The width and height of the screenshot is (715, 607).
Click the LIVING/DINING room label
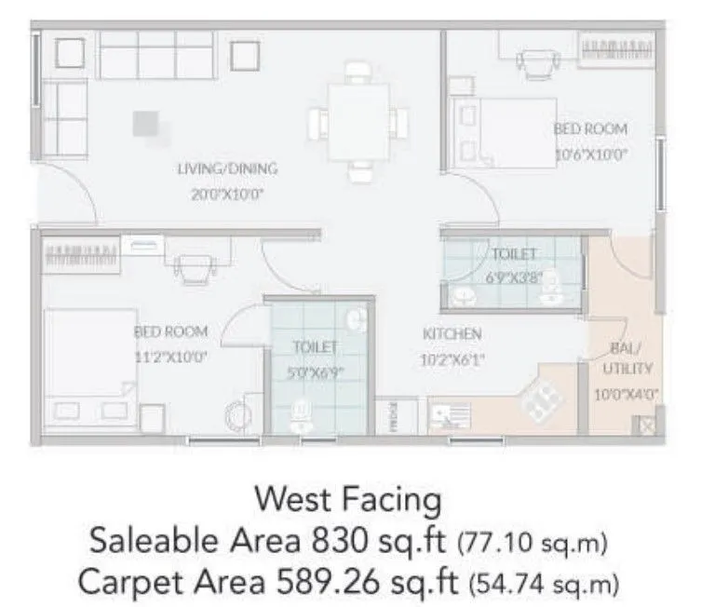click(227, 169)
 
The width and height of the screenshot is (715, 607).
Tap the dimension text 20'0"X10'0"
click(227, 196)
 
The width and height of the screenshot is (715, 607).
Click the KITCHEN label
click(452, 333)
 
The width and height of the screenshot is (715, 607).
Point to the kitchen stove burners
click(540, 400)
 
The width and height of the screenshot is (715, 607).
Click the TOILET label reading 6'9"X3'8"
click(514, 253)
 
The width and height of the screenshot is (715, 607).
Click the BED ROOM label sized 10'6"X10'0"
click(590, 128)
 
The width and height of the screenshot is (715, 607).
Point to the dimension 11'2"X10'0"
click(170, 355)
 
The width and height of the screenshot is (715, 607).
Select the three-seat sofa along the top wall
click(155, 56)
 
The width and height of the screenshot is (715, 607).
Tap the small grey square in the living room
click(145, 123)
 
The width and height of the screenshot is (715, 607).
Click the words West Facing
click(348, 500)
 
